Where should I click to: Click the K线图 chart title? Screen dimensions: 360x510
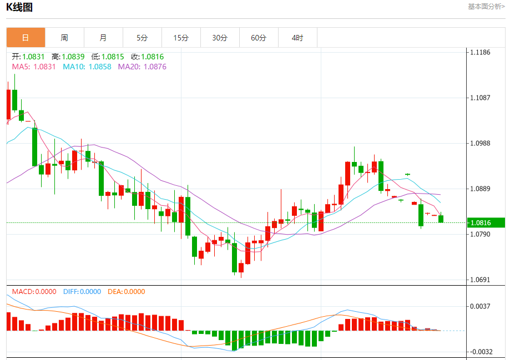(x=19, y=7)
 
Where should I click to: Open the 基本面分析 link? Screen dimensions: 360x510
(x=486, y=7)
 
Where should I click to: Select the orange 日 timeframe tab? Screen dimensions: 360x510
(x=26, y=38)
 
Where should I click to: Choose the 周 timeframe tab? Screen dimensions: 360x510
(x=64, y=38)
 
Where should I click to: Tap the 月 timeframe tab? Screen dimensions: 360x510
(x=103, y=38)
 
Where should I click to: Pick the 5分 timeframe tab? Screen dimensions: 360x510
(x=142, y=38)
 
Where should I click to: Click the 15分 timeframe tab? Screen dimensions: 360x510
(x=181, y=38)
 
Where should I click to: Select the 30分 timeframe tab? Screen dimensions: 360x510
(x=220, y=38)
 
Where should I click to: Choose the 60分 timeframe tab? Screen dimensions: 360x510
(x=259, y=38)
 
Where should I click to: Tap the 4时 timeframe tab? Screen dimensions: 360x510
(x=297, y=38)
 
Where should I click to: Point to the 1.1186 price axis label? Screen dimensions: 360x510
(x=480, y=52)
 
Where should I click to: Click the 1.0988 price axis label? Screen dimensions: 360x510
(x=480, y=143)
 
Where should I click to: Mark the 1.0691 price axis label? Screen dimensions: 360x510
(x=480, y=280)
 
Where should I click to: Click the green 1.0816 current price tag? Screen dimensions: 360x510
(x=484, y=223)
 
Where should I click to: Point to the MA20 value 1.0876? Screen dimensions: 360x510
(x=142, y=67)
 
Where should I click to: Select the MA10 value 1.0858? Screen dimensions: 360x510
(x=87, y=67)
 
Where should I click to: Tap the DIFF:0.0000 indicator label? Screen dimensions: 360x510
(x=82, y=292)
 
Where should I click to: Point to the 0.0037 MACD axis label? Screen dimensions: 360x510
(x=480, y=306)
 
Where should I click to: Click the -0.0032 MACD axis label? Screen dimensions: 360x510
(x=480, y=352)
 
